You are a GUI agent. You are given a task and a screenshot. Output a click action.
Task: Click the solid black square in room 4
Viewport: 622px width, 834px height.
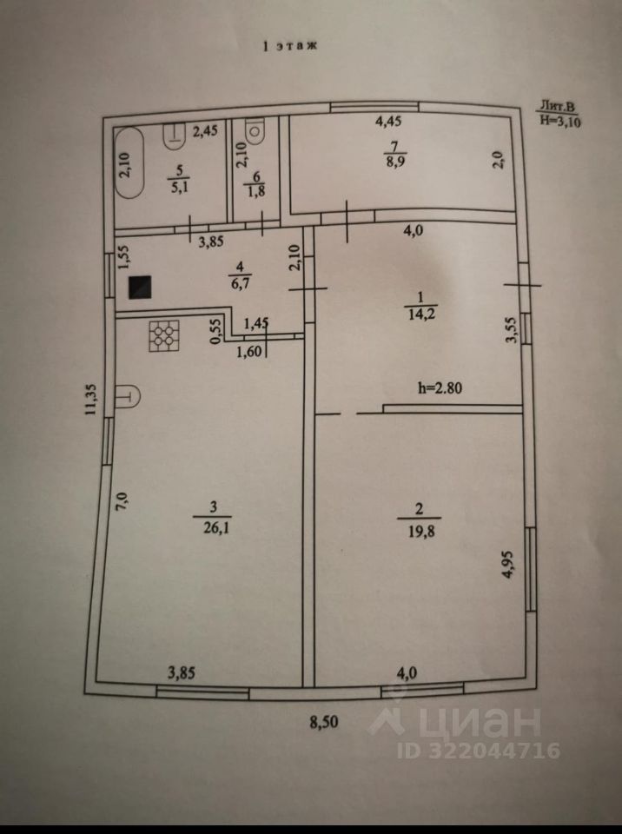pos(140,288)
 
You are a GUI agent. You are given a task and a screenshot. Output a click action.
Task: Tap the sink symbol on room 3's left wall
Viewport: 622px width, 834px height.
pos(127,396)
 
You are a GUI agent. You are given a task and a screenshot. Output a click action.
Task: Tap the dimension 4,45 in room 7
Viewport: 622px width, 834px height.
pos(388,122)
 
